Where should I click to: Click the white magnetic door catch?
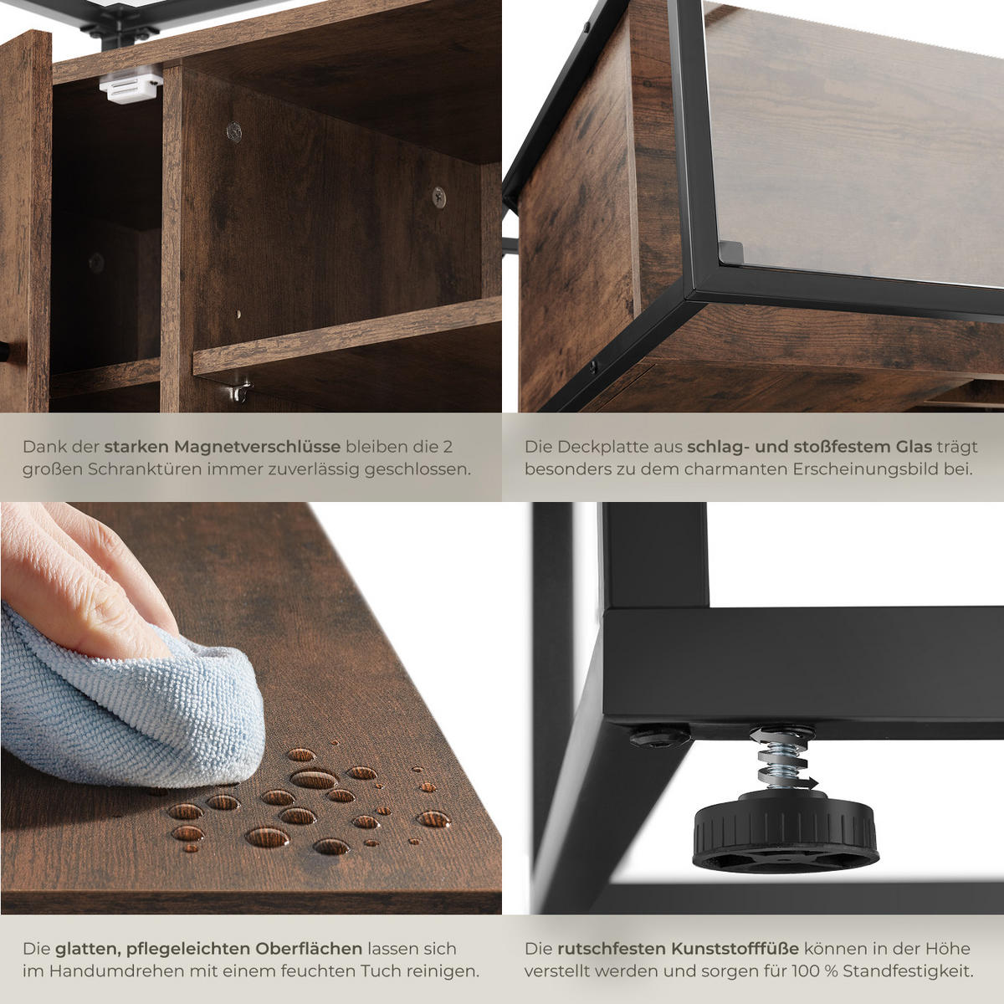click(131, 88)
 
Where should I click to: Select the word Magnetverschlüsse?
click(257, 447)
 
